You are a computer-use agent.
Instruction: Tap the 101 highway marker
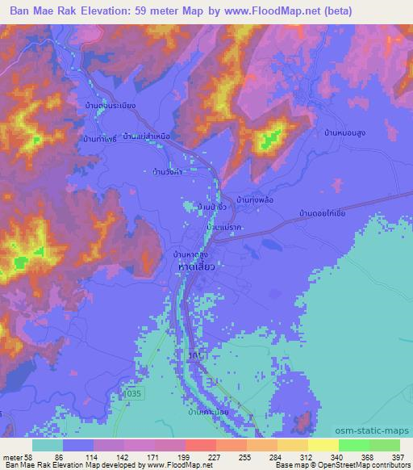(x=194, y=354)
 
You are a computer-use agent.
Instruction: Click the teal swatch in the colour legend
(x=48, y=445)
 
